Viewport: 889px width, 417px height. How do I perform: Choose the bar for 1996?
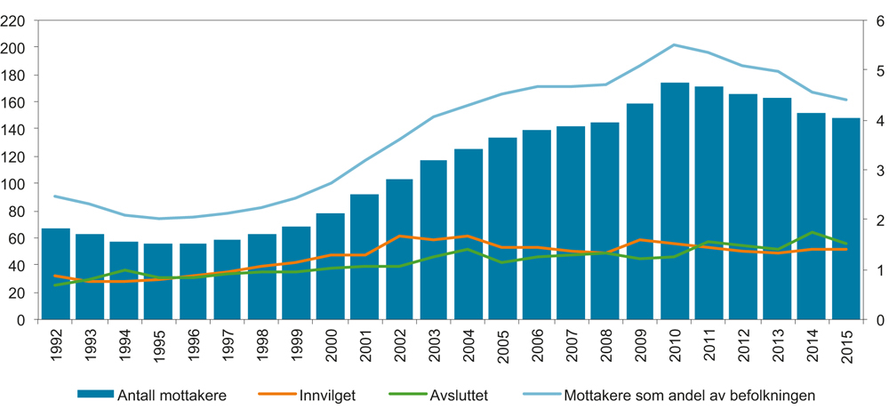(x=194, y=282)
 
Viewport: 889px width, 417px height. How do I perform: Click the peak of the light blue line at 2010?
(x=675, y=44)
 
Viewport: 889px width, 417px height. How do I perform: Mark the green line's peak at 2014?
(x=813, y=232)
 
